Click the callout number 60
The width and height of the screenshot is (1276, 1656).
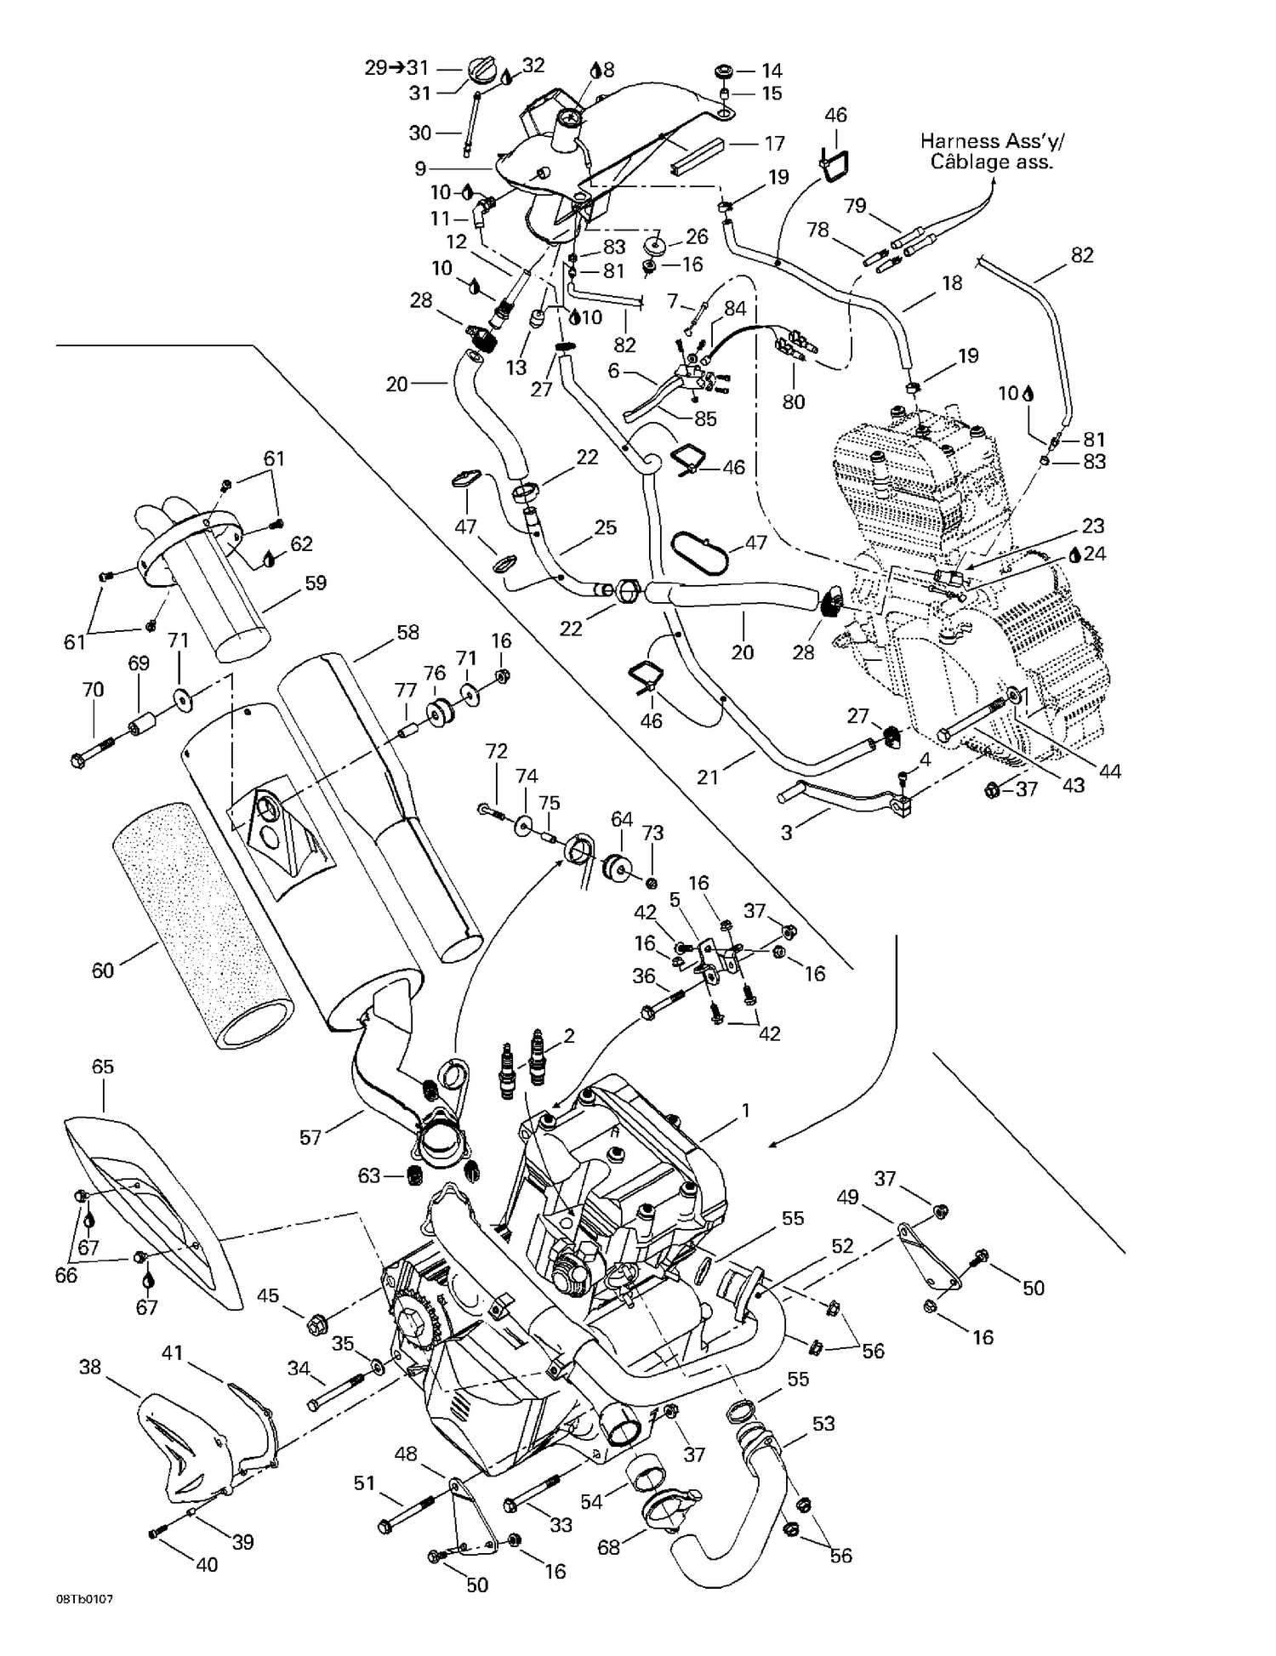click(x=102, y=970)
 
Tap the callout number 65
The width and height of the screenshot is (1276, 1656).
click(x=102, y=1067)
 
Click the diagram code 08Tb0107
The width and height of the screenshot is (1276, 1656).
click(x=84, y=1622)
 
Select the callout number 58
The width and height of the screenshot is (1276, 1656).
click(x=407, y=632)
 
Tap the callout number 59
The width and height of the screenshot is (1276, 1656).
click(x=316, y=583)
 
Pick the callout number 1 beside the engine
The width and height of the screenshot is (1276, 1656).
click(x=746, y=1110)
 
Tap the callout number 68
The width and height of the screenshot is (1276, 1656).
click(x=609, y=1547)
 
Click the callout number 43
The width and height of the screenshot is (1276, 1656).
click(x=1074, y=784)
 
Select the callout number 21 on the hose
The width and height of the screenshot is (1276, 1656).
click(x=708, y=776)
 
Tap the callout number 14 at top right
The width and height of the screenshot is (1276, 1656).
click(x=772, y=71)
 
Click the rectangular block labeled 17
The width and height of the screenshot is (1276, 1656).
click(x=696, y=156)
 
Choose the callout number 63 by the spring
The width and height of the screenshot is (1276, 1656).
click(x=368, y=1176)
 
